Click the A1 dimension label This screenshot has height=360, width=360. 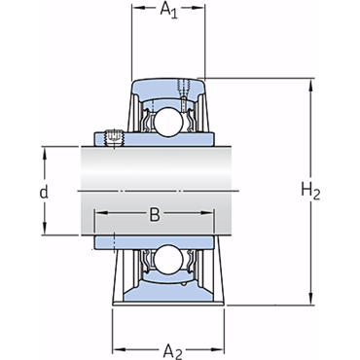[169, 11]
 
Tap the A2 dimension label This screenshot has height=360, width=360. [173, 351]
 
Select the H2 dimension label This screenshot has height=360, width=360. [310, 191]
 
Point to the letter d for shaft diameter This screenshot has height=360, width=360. [44, 192]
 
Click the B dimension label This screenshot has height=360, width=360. [155, 214]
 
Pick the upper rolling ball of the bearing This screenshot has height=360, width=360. [168, 122]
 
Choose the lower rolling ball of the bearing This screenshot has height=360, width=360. [168, 259]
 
